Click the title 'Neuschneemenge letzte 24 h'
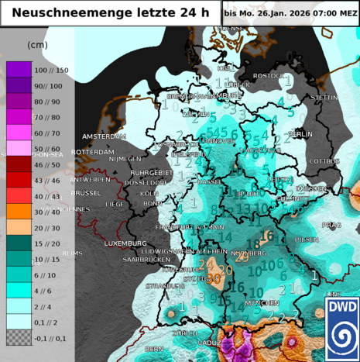pyautogui.click(x=111, y=12)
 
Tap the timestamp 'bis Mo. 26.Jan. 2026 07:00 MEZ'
pyautogui.click(x=290, y=13)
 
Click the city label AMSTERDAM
pyautogui.click(x=104, y=136)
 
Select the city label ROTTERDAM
pyautogui.click(x=92, y=152)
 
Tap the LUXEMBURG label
pyautogui.click(x=126, y=243)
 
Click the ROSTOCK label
pyautogui.click(x=269, y=75)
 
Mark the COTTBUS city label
pyautogui.click(x=324, y=161)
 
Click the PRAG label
pyautogui.click(x=331, y=225)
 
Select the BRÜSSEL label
pyautogui.click(x=85, y=192)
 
